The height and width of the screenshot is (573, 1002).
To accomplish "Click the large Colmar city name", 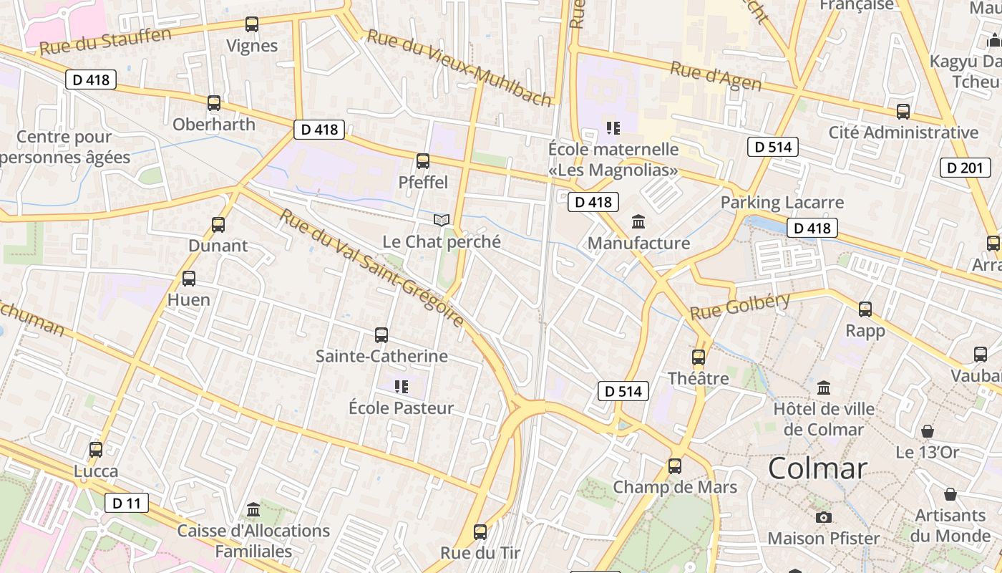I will tap(817, 469).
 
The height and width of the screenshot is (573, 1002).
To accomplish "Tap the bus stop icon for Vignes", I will tap(252, 24).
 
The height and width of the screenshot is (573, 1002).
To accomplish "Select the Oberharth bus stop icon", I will tap(214, 103).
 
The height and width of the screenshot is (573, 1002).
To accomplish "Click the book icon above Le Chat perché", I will tap(442, 220).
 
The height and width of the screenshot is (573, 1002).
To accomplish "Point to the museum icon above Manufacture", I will tap(638, 221).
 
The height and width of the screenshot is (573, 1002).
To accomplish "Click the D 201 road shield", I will tap(965, 168).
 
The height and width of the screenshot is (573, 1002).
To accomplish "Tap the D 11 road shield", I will tap(127, 503).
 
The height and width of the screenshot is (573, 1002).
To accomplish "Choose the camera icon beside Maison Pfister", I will tap(824, 517).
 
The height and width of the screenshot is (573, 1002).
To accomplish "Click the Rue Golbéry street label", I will tap(739, 306).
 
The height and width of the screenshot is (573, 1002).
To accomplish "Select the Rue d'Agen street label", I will tap(715, 76).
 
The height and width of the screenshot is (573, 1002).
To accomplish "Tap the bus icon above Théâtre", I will tap(699, 357).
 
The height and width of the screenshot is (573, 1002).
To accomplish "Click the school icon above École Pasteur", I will tap(402, 387).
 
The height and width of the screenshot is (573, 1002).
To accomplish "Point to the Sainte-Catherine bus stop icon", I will tap(381, 334).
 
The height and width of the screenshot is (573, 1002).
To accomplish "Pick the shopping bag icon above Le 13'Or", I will tap(928, 431).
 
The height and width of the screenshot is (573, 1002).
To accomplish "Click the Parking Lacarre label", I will tap(782, 202).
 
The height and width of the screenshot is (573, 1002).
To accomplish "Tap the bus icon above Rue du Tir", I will tap(480, 532).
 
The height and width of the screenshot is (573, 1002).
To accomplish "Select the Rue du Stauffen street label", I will tap(105, 42).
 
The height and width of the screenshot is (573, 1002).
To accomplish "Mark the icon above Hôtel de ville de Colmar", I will tap(824, 387).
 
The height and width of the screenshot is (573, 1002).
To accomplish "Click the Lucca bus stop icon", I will tap(96, 450).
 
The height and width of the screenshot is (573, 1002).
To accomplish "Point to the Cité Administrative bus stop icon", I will tap(903, 112).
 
